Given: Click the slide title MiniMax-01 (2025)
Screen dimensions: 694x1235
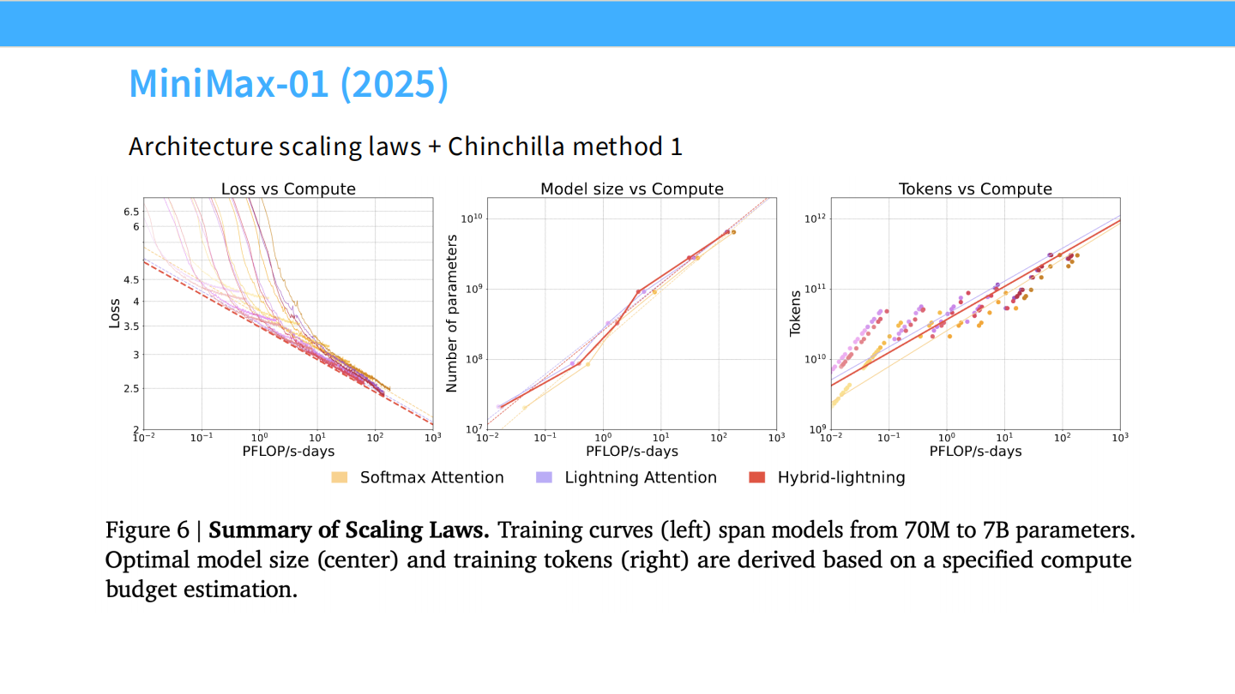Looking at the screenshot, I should point(288,83).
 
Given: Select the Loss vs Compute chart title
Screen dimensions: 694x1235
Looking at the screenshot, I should point(288,189).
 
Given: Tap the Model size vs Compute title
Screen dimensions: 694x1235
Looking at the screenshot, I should point(632,189).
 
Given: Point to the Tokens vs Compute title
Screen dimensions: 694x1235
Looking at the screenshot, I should point(975,189).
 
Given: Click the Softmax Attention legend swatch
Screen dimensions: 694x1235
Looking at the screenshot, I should point(340,477).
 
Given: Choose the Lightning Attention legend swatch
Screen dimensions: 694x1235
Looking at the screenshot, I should point(544,477).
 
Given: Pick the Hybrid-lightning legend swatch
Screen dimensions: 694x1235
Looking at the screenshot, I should point(756,477).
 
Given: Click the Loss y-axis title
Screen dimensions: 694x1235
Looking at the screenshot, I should point(115,314).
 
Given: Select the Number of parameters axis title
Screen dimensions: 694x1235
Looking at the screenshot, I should point(452,314).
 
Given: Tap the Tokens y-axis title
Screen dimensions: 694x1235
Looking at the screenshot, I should point(796,314).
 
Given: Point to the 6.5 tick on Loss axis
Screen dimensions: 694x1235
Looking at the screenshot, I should point(130,211).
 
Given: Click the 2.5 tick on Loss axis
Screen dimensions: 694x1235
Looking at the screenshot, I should point(130,389).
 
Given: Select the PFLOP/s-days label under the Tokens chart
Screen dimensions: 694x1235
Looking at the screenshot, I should point(975,451).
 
